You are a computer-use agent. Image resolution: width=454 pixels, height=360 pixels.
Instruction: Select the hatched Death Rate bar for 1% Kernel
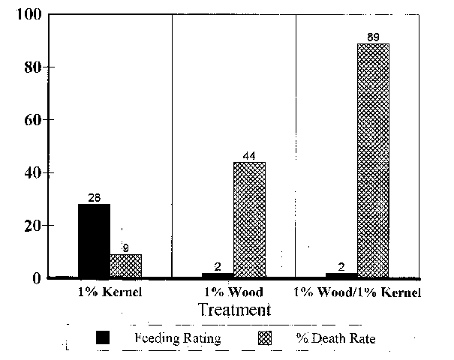[126, 265]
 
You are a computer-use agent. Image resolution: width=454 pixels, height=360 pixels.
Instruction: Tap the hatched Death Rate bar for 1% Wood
[249, 219]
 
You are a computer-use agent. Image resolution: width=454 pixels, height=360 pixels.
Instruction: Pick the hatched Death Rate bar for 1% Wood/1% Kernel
[373, 160]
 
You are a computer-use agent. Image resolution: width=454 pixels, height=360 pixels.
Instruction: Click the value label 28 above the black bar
[95, 197]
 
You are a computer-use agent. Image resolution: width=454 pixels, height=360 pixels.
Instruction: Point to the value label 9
[126, 248]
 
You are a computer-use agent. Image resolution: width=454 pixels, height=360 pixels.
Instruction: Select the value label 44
[249, 156]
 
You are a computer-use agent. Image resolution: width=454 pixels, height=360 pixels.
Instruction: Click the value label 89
[373, 37]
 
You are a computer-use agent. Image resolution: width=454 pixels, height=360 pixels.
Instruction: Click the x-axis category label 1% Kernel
[110, 291]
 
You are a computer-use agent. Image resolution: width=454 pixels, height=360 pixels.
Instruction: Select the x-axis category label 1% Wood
[233, 291]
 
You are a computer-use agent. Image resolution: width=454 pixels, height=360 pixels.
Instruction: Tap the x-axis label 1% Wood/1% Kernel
[357, 291]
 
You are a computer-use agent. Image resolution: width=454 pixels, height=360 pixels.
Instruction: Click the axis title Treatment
[233, 309]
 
